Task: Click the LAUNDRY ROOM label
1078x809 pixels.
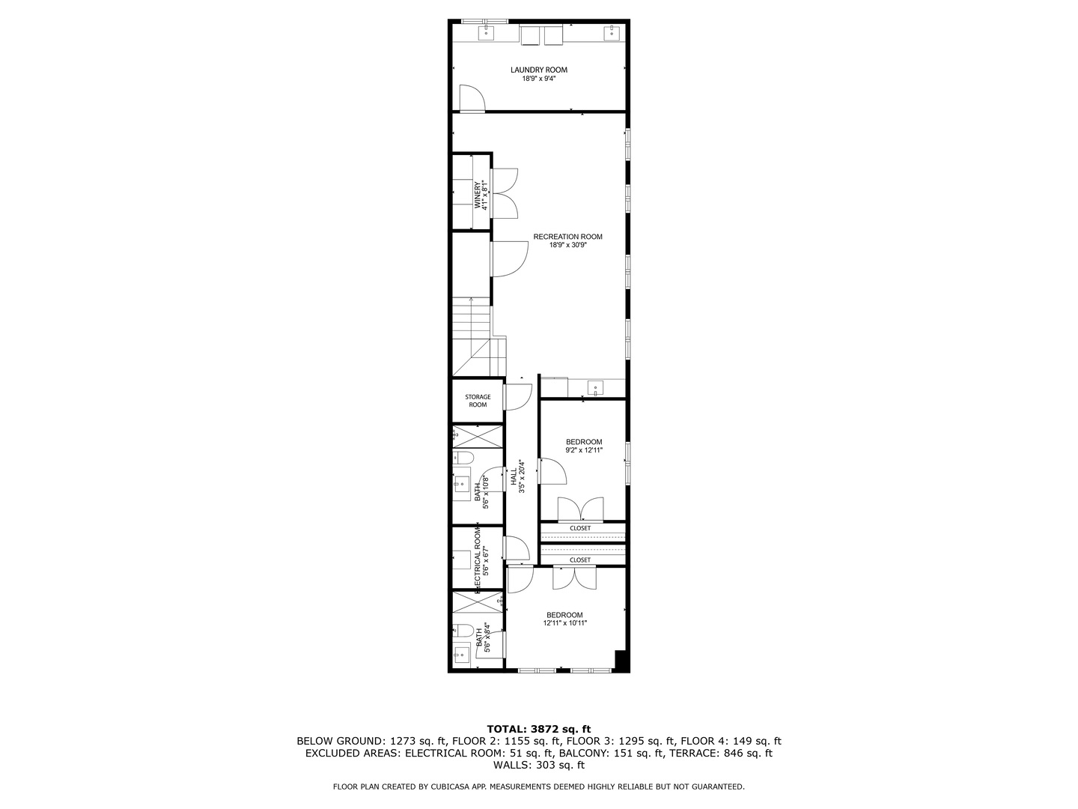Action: pos(539,70)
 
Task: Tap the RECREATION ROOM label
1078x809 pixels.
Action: pos(567,237)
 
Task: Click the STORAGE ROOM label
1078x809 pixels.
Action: pos(478,401)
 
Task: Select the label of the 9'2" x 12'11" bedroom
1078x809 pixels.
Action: pos(583,442)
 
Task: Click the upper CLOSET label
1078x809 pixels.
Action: pos(580,528)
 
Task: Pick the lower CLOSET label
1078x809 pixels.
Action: pos(580,560)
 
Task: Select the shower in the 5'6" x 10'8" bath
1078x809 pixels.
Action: pos(478,436)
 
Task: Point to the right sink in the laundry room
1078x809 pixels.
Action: pos(612,31)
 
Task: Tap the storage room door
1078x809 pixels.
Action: pos(517,397)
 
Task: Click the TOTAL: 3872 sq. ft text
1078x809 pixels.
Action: pos(538,728)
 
